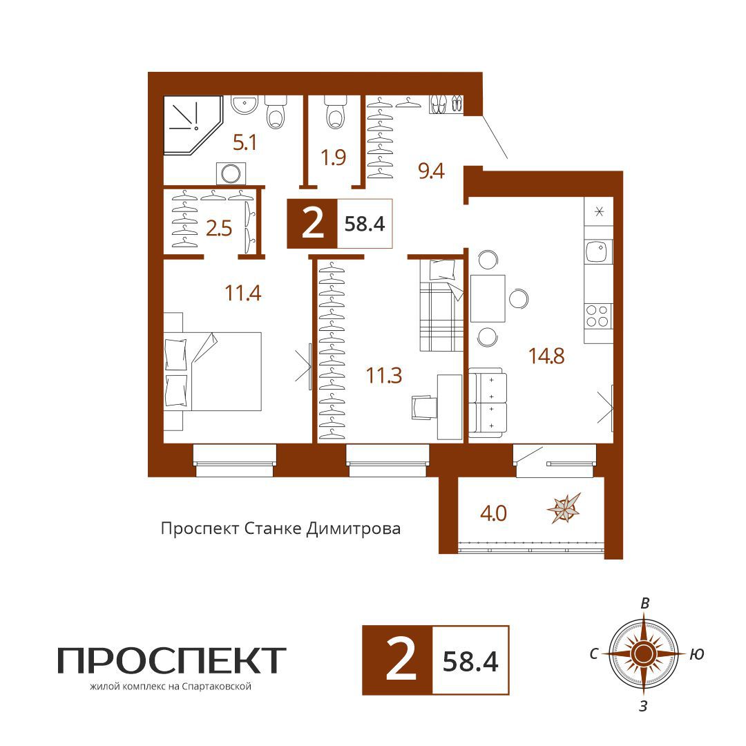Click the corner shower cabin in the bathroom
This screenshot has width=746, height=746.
pos(191,124)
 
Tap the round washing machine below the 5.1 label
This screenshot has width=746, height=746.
pos(231,173)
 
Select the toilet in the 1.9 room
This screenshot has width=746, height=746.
pos(336,113)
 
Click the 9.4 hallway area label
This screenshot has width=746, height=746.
pos(431,171)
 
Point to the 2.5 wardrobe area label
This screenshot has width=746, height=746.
pos(219,229)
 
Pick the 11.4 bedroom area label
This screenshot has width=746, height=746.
pos(242,293)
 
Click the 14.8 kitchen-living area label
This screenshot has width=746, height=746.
pos(546,356)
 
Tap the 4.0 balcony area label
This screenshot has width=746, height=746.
pos(493,513)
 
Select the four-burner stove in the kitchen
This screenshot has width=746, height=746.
pos(598,316)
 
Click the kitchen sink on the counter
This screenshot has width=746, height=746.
pos(598,252)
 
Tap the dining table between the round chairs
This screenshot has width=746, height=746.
pos(488,298)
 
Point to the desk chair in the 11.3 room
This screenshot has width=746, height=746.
pos(424,408)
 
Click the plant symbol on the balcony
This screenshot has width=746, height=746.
pos(565,508)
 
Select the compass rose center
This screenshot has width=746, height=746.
pos(643,653)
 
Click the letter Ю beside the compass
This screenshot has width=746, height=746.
pos(696,655)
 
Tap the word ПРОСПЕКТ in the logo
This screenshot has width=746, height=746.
pos(172,660)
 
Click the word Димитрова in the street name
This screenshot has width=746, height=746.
pos(353,528)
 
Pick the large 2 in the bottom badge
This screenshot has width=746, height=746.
pos(401,660)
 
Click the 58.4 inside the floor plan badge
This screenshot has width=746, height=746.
pos(365,224)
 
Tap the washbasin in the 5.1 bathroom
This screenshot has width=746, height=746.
pos(244,104)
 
